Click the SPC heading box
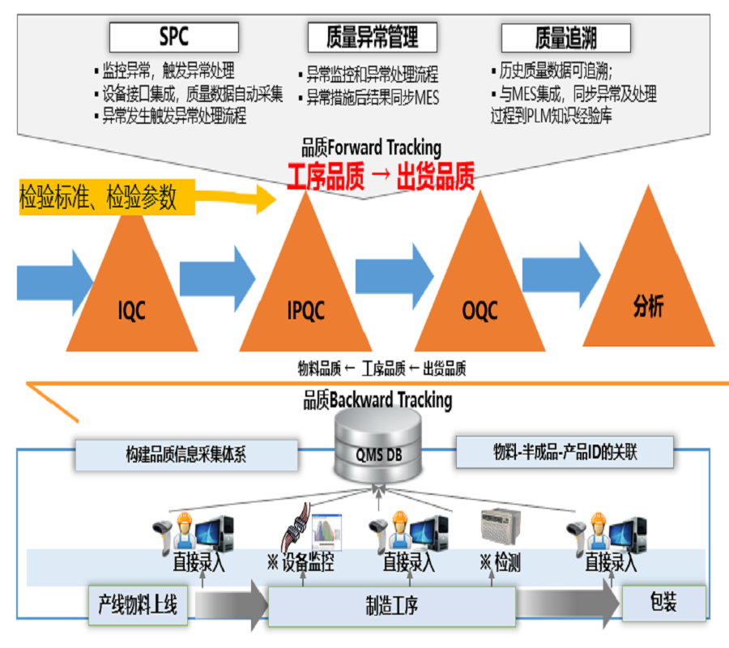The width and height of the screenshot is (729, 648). [174, 37]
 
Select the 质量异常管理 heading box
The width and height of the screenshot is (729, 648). [372, 37]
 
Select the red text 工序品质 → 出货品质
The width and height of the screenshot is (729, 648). [380, 177]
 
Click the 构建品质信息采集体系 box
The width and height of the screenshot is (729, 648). [185, 454]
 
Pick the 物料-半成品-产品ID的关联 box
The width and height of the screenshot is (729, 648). [564, 451]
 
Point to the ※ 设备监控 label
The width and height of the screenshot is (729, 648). [301, 562]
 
